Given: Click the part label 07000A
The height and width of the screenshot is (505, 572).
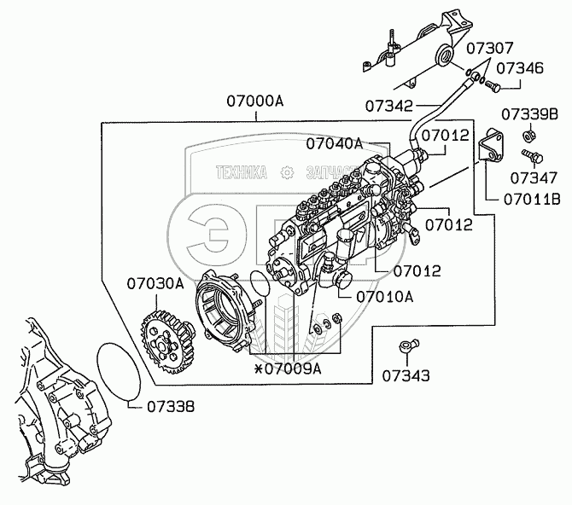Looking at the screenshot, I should [x=254, y=101].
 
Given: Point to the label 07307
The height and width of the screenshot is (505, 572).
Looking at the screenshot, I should [x=496, y=49].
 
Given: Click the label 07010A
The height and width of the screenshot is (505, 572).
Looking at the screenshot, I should [x=385, y=297].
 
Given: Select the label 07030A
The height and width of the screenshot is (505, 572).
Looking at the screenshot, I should [x=156, y=283].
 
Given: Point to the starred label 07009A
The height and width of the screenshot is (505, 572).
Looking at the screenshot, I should [x=287, y=369].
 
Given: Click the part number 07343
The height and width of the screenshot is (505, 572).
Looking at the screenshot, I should [x=406, y=374].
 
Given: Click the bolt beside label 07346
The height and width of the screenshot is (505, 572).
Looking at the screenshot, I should [x=504, y=84].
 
